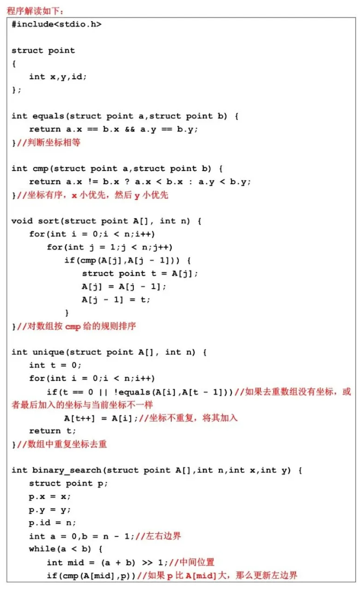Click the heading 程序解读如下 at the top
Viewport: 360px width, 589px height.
click(x=35, y=11)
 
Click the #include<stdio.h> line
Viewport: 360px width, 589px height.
click(x=56, y=24)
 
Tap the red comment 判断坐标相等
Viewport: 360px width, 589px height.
click(x=48, y=143)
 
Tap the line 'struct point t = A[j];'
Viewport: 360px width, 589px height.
click(x=140, y=273)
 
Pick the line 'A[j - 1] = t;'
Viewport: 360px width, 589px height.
click(x=116, y=299)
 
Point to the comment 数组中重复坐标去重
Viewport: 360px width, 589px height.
click(x=62, y=444)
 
